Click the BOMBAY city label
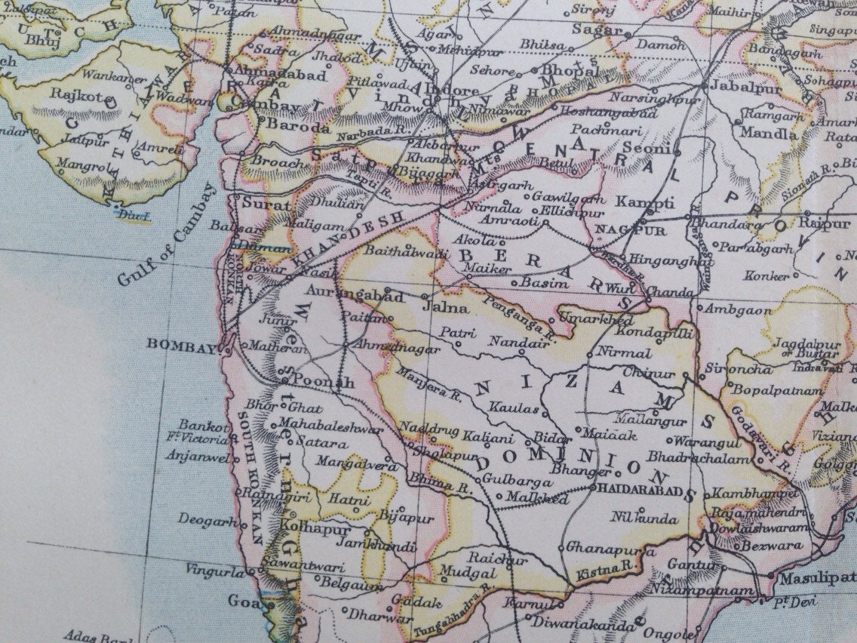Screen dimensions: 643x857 pyautogui.click(x=183, y=343)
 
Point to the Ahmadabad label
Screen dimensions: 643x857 pyautogui.click(x=281, y=75)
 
